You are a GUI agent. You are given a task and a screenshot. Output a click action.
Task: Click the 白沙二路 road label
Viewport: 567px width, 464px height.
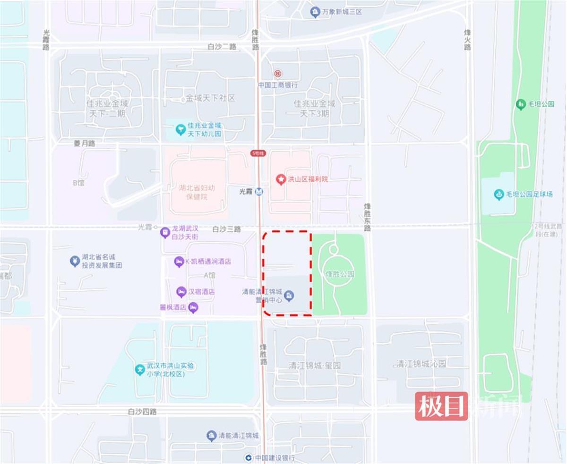coord(222,47)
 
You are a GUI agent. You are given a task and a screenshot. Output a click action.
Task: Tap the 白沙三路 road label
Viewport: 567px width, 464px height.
coord(226,229)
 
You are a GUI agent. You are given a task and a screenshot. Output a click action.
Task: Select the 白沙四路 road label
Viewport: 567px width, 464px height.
coord(142,412)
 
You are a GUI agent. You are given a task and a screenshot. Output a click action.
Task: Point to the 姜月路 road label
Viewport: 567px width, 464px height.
coord(85,143)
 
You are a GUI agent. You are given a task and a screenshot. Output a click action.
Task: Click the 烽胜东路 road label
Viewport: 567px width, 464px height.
coord(368,217)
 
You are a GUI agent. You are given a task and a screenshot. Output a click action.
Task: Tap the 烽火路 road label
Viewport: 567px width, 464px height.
coord(467,40)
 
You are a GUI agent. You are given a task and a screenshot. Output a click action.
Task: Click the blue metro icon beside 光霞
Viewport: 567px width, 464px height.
coord(259,192)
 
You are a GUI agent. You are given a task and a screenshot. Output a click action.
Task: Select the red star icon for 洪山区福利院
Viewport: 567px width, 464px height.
coord(281,179)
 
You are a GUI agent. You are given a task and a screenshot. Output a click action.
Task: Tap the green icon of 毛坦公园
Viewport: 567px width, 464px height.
coord(521,104)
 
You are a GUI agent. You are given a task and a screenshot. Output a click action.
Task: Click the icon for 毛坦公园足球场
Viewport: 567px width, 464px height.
coord(498,194)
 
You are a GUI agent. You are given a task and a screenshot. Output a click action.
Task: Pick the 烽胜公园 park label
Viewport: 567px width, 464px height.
coord(340,274)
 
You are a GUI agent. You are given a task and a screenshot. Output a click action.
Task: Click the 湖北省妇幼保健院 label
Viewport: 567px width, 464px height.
coord(197,192)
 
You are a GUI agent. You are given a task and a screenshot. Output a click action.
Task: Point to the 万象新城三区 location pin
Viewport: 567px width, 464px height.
coord(315,12)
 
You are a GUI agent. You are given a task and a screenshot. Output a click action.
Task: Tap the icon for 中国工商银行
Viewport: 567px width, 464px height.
coord(277,74)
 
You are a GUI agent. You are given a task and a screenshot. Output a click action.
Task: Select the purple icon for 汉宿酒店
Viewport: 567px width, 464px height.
coord(181,292)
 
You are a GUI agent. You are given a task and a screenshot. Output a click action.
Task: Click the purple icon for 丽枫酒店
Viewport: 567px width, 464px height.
coord(193,307)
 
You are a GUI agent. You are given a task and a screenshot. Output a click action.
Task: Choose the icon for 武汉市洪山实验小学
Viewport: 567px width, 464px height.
coord(139,370)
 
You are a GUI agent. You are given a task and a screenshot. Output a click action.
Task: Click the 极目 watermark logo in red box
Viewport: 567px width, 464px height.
coord(441,406)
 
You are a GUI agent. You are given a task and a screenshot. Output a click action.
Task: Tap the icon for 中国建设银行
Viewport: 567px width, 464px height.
coord(249,457)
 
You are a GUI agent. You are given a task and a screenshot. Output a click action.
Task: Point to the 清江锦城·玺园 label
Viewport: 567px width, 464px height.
coord(315,365)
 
